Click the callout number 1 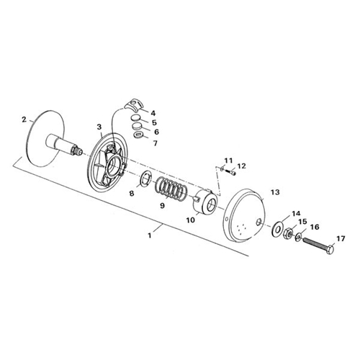point(150,235)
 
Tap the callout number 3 point(99,127)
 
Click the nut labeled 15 point(287,233)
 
